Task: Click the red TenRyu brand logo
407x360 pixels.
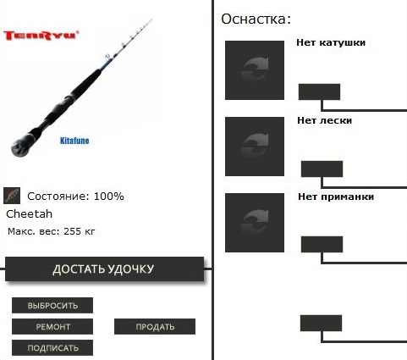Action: (41, 36)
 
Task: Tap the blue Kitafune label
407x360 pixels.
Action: (74, 141)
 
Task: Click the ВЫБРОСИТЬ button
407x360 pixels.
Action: (52, 305)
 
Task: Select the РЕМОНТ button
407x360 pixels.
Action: (52, 326)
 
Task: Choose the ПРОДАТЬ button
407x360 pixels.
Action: (155, 326)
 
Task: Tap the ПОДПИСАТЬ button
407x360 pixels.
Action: (52, 347)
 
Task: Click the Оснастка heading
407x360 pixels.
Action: (256, 19)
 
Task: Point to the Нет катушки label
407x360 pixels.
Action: (331, 42)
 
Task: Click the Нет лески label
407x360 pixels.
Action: (325, 120)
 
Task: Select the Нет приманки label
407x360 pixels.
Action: (336, 197)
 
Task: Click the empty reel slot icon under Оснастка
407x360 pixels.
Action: (255, 70)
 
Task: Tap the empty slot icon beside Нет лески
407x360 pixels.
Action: (255, 147)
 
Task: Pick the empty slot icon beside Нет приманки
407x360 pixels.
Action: (255, 223)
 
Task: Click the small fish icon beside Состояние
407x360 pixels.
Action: (12, 196)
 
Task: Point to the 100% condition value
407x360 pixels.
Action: (109, 197)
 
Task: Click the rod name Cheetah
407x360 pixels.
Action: (30, 214)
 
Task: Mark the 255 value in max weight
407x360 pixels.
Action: (73, 231)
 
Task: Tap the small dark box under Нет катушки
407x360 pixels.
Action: (319, 91)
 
